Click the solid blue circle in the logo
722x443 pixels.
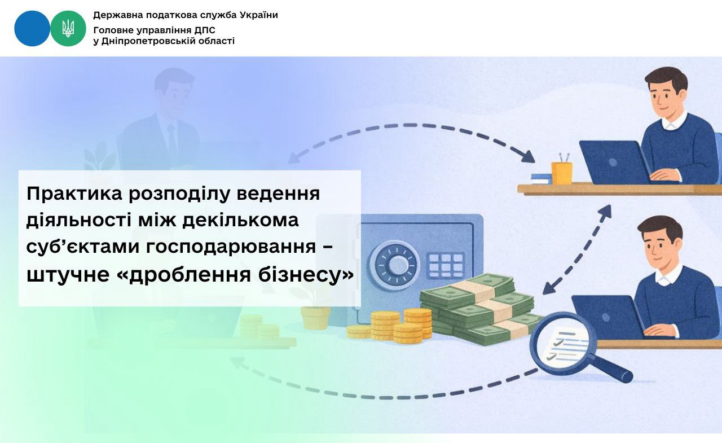coord(32,28)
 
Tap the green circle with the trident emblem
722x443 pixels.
coord(68,28)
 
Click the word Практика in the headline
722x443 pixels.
coord(74,194)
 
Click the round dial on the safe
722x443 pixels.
coord(394,265)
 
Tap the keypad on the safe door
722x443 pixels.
coord(446,265)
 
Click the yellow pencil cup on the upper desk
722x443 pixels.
coord(561,173)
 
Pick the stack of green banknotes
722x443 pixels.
coord(477,309)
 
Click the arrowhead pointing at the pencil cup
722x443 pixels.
coord(527,157)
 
